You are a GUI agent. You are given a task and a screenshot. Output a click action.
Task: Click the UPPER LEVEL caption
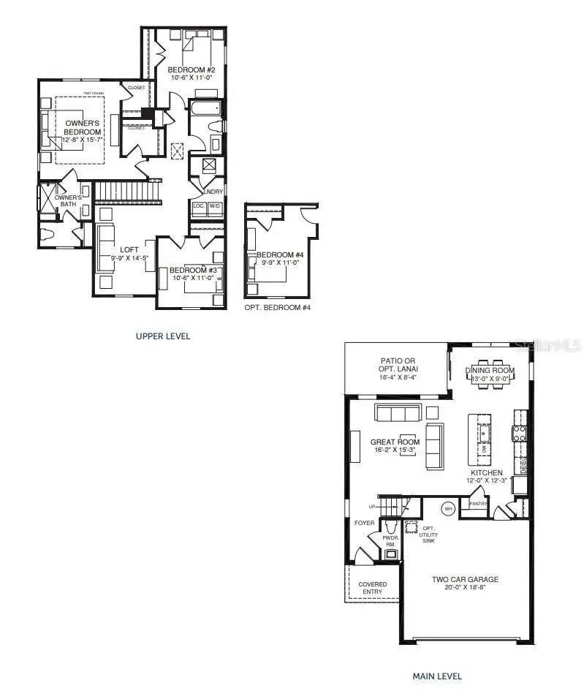tap(162, 336)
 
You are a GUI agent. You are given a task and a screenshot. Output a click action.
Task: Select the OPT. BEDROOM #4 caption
tap(277, 308)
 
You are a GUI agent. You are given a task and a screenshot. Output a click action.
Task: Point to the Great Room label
tap(395, 442)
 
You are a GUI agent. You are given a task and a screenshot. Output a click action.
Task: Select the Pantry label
tap(478, 504)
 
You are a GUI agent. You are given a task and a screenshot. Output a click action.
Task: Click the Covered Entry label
tap(373, 589)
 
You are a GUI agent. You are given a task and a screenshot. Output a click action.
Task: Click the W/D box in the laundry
tap(215, 207)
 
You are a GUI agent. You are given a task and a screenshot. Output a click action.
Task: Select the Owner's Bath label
tap(68, 201)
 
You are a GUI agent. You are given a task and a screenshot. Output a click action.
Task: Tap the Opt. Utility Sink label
tap(430, 535)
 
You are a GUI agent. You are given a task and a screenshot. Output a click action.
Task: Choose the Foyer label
tap(364, 524)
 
